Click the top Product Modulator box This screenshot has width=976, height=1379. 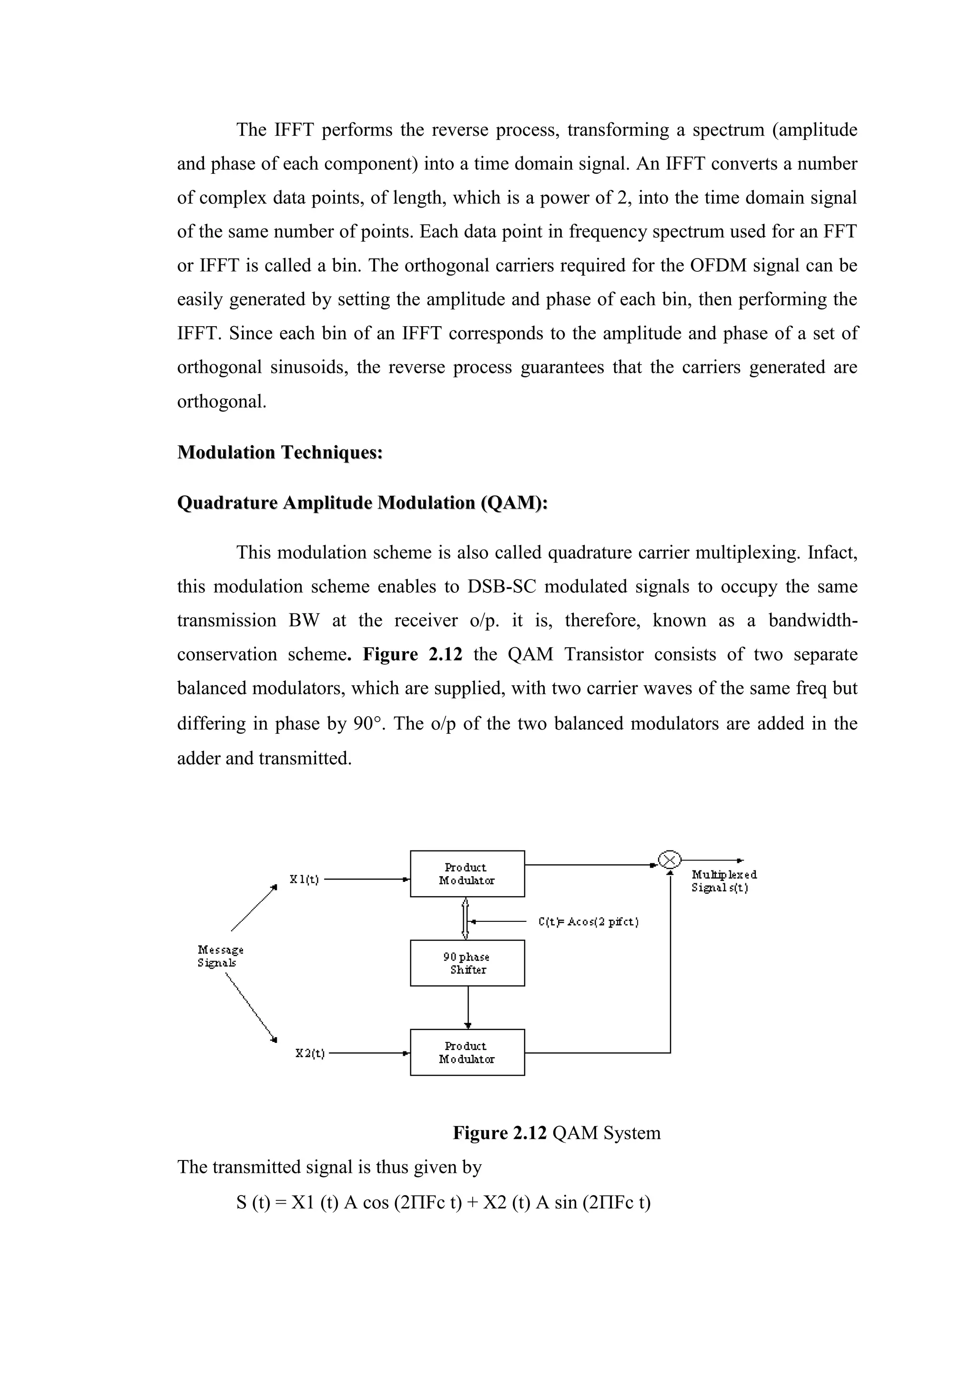[x=467, y=874]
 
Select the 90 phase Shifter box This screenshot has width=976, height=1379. [x=467, y=963]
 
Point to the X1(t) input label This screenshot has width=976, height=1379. [x=304, y=879]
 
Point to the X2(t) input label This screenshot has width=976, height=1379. [x=309, y=1053]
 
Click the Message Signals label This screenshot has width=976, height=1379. [x=220, y=956]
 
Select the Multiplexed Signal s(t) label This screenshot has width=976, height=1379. [x=723, y=881]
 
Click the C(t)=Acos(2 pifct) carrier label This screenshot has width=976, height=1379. [x=589, y=921]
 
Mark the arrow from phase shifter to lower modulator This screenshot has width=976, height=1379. [x=468, y=1007]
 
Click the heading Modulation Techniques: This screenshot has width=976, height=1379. [x=280, y=452]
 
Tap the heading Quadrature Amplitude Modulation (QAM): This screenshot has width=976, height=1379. [x=362, y=503]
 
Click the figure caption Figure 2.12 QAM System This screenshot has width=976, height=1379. [x=557, y=1133]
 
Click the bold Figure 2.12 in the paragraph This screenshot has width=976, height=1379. [x=412, y=654]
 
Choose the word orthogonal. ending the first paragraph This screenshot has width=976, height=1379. [x=221, y=401]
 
